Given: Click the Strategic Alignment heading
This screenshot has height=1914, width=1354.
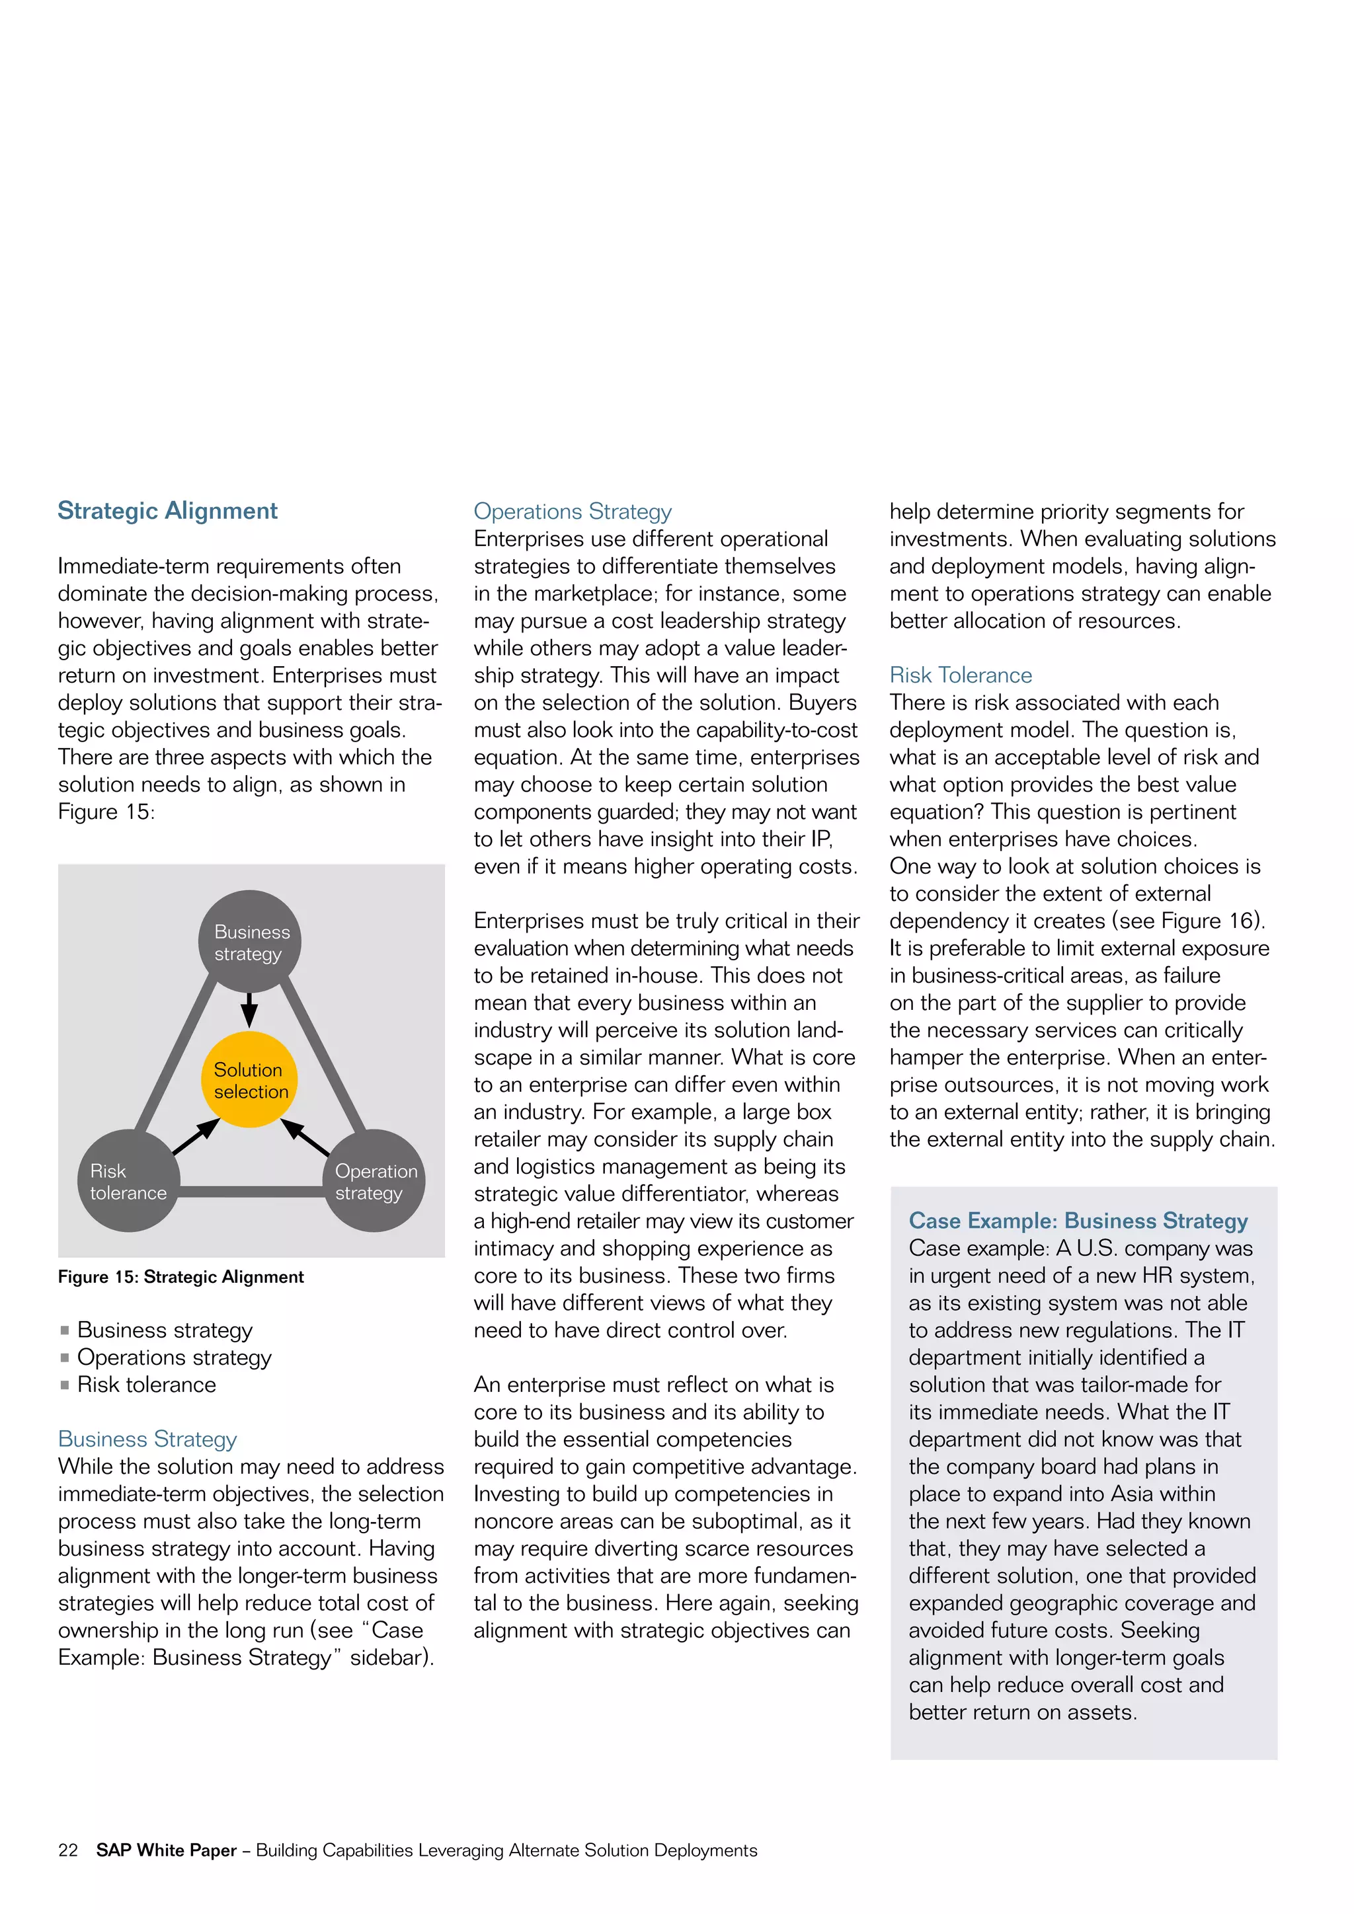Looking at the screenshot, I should pos(167,511).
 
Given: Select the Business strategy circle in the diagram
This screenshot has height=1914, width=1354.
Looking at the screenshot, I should pos(249,942).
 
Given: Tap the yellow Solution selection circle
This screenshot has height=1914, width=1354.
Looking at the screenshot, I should pos(249,1081).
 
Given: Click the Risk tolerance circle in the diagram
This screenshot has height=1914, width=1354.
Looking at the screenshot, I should pos(128,1181).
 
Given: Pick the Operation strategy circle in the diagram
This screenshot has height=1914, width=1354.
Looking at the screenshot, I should pos(374,1181).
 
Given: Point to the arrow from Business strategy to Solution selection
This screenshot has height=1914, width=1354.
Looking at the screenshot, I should pos(249,1009).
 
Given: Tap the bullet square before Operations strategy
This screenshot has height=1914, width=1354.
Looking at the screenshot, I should pos(64,1358).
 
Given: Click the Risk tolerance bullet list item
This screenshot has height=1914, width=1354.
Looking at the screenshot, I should pos(147,1385).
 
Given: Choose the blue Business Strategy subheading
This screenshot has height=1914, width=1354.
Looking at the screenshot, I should pos(147,1439).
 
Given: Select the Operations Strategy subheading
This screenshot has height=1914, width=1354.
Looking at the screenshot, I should pos(572,511).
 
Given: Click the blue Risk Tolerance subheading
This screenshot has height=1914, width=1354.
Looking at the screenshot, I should pos(961,675).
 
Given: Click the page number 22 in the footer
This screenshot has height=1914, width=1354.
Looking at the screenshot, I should pos(67,1851).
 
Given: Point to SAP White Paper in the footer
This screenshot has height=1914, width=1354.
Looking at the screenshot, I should pos(166,1851).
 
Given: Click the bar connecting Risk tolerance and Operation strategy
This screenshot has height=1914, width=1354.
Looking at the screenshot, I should pos(250,1192).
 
